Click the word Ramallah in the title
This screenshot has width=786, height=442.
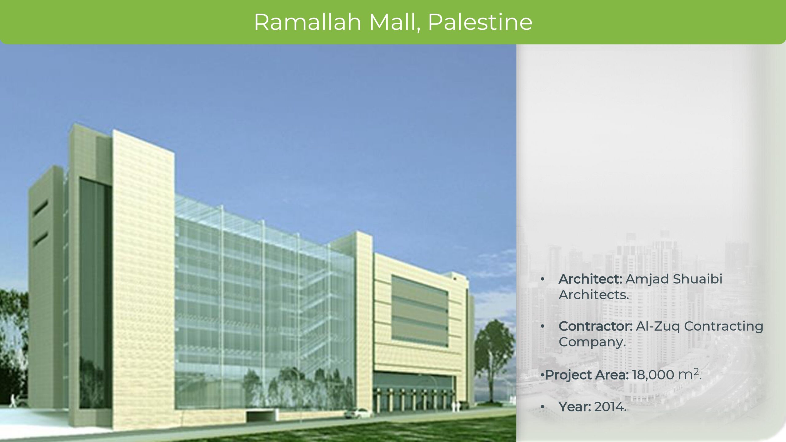pyautogui.click(x=307, y=22)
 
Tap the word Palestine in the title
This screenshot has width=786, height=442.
pyautogui.click(x=480, y=22)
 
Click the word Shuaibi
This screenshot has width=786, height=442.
pyautogui.click(x=697, y=279)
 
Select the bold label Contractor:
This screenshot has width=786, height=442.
pyautogui.click(x=596, y=326)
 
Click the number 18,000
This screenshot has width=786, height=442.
pyautogui.click(x=653, y=375)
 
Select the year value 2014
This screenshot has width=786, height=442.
pyautogui.click(x=610, y=407)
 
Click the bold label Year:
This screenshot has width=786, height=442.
pyautogui.click(x=575, y=407)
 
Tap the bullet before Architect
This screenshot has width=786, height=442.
pyautogui.click(x=543, y=279)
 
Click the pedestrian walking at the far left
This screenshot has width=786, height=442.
pyautogui.click(x=13, y=401)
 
